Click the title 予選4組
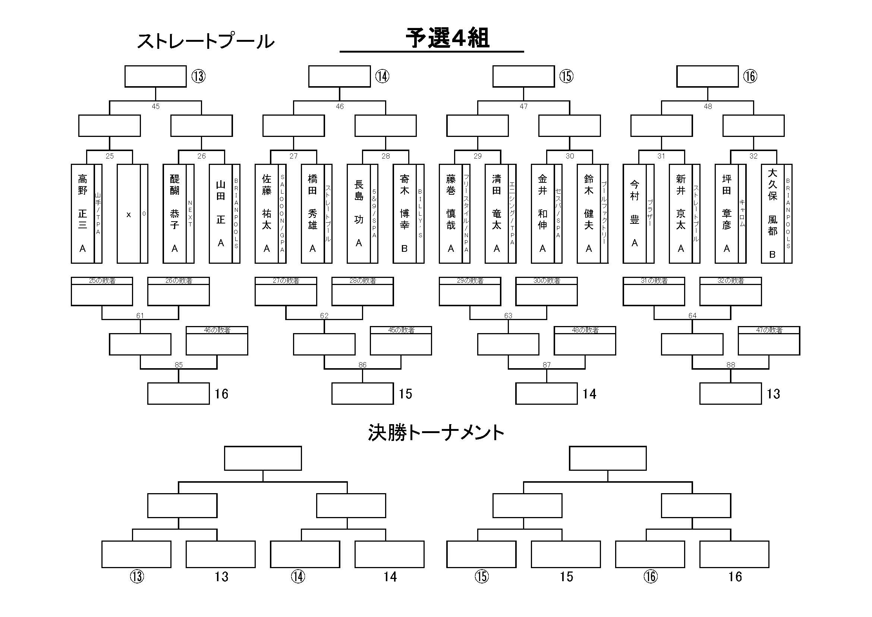(447, 38)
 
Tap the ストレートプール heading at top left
(205, 41)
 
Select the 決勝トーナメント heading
(435, 433)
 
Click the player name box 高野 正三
(82, 213)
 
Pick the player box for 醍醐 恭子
(174, 213)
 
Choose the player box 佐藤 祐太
(267, 213)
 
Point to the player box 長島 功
(359, 213)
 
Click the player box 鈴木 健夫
(588, 213)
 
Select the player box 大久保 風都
(772, 213)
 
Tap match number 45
(155, 107)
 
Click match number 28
(385, 156)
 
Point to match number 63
(508, 316)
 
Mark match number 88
(730, 365)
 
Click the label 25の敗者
(102, 281)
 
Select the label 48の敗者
(585, 330)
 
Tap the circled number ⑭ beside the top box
(382, 76)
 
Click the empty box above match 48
(707, 76)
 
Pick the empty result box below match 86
(362, 394)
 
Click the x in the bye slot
(128, 214)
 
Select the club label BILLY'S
(420, 213)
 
